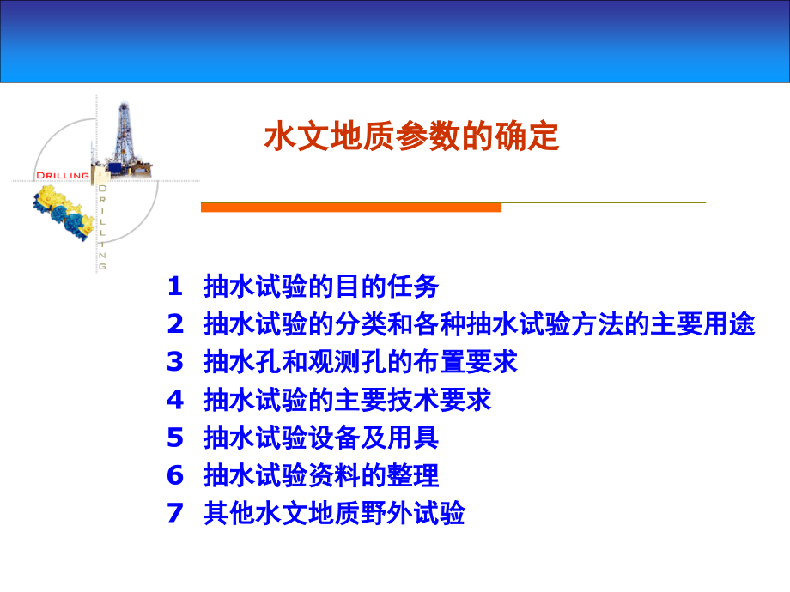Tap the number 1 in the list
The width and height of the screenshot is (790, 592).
tap(175, 286)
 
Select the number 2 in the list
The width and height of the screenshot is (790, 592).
tap(175, 324)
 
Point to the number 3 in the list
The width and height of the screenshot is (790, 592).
tap(175, 362)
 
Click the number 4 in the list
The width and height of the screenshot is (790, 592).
tap(175, 400)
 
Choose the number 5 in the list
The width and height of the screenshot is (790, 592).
tap(175, 438)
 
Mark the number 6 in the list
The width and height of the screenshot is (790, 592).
tap(175, 475)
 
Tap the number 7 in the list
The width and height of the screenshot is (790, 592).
tap(175, 513)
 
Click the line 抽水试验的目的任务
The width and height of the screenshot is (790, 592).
tap(321, 286)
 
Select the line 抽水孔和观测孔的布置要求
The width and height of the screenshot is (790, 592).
tap(361, 362)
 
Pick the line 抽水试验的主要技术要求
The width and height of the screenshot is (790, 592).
tap(347, 400)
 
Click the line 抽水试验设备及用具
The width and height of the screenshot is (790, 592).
tap(321, 438)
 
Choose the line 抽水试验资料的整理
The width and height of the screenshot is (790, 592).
tap(321, 475)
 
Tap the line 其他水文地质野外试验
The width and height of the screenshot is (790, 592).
tap(334, 513)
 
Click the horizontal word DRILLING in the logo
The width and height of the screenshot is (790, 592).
tap(63, 175)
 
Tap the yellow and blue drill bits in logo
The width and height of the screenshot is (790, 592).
tap(60, 214)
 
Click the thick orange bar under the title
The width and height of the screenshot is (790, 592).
tap(350, 208)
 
